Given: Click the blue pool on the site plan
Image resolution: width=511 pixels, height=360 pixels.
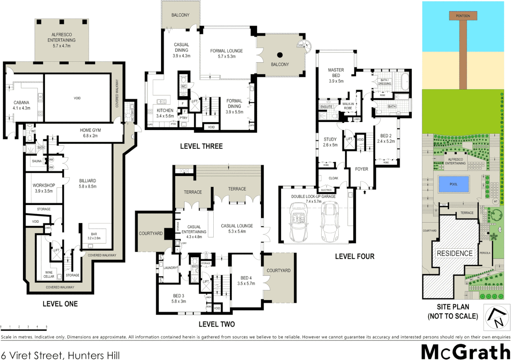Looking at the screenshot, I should click(453, 184).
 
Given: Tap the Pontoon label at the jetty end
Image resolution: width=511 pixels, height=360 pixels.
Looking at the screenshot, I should click(463, 16).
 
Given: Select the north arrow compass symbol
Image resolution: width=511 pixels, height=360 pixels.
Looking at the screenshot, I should click(497, 317).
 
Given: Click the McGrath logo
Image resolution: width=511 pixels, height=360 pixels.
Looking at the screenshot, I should click(465, 352).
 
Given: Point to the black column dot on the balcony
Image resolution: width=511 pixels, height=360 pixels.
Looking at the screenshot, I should click(280, 55).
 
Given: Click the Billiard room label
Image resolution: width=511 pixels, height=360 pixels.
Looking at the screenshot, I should click(88, 184).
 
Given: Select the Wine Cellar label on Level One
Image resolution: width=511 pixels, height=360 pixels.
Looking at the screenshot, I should click(49, 274).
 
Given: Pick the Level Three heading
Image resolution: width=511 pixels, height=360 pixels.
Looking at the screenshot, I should click(201, 146).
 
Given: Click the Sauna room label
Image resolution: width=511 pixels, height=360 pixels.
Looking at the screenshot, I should click(37, 161).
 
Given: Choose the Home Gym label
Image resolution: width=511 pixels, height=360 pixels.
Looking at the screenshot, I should click(90, 133).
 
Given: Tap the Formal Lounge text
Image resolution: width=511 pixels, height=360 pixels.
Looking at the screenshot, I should click(226, 53).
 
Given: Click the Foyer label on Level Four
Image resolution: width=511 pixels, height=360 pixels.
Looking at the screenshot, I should click(361, 169).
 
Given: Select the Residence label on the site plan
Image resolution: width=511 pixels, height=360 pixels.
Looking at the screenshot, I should click(455, 253).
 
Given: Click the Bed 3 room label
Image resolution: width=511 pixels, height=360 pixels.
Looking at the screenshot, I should click(179, 298).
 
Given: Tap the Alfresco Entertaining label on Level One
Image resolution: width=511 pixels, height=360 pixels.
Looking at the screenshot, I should click(61, 40).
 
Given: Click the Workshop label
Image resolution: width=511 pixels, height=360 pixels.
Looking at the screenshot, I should click(44, 188).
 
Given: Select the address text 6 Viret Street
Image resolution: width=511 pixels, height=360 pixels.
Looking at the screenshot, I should click(60, 355).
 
